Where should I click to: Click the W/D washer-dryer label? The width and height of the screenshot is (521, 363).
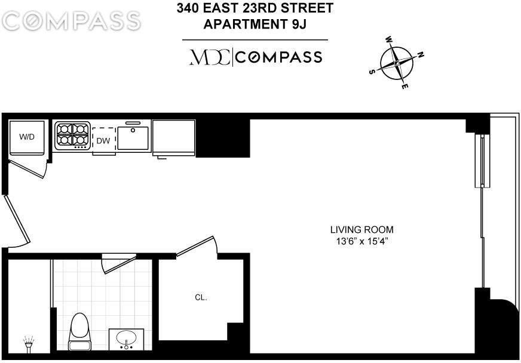pyautogui.click(x=27, y=137)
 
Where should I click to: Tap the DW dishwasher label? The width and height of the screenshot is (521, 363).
pyautogui.click(x=103, y=141)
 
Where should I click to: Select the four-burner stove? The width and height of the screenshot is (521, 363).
pyautogui.click(x=72, y=136)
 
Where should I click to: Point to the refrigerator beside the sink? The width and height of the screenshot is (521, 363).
pyautogui.click(x=174, y=137)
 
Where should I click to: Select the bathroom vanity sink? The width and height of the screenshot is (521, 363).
pyautogui.click(x=126, y=339)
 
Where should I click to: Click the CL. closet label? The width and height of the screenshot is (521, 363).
pyautogui.click(x=201, y=297)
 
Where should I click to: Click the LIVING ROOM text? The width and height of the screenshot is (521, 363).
pyautogui.click(x=362, y=229)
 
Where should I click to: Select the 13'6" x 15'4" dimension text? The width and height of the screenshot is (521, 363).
pyautogui.click(x=362, y=241)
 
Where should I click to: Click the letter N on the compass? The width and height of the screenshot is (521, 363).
pyautogui.click(x=421, y=55)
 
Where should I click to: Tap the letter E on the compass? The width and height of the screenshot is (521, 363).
pyautogui.click(x=405, y=87)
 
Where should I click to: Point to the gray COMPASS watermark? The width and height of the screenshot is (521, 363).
pyautogui.click(x=71, y=21)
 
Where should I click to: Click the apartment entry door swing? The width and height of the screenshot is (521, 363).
pyautogui.click(x=16, y=222)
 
